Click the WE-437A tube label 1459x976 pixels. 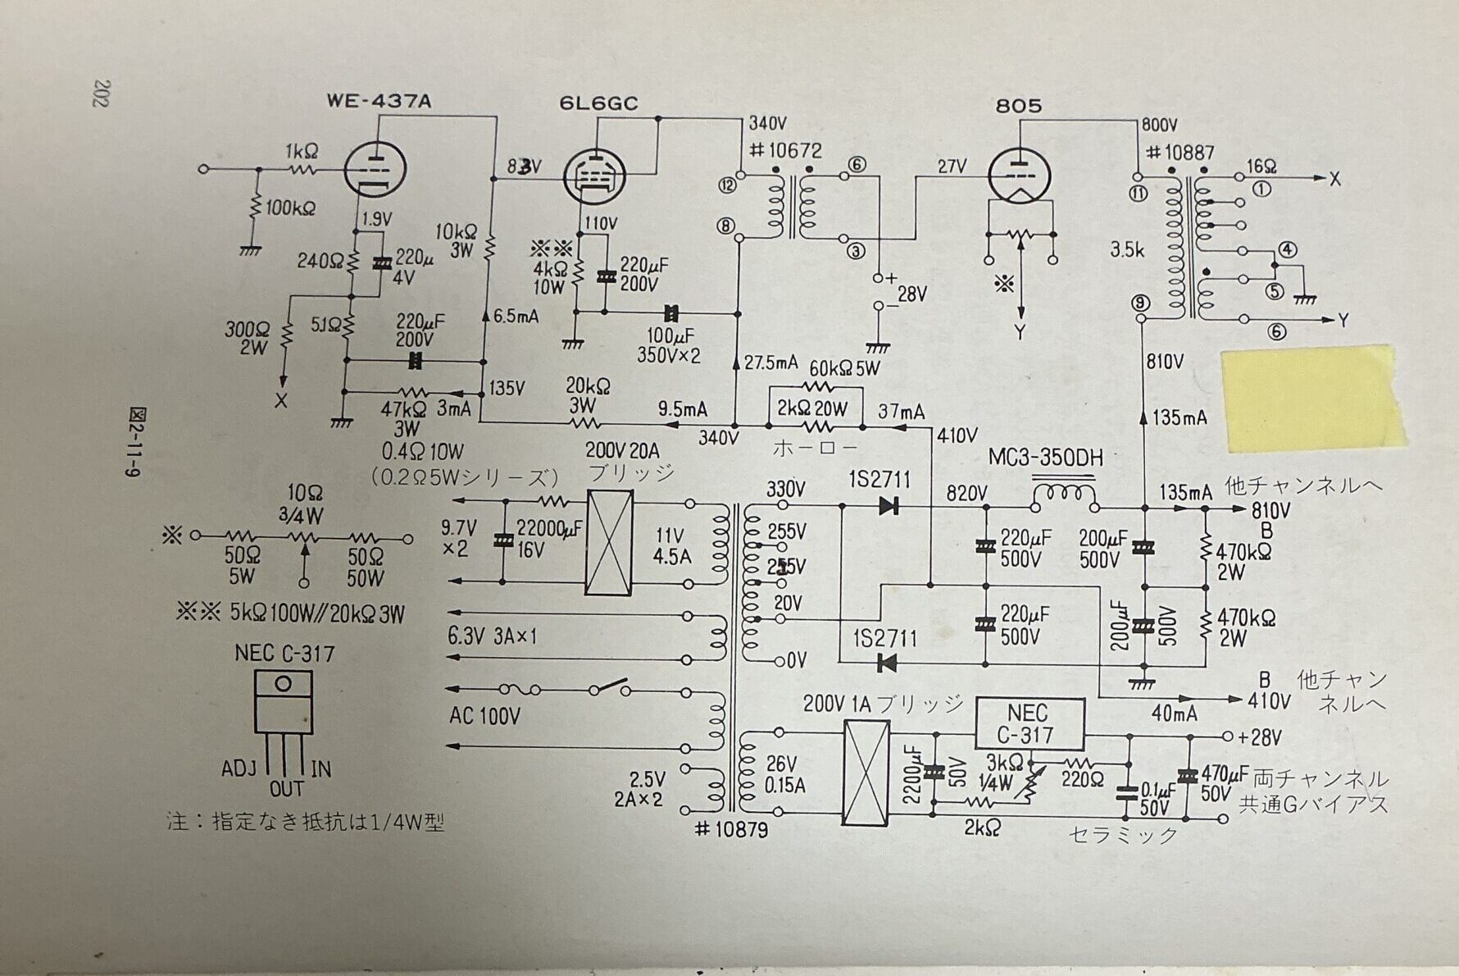coord(379,102)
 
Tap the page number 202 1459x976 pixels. coord(102,93)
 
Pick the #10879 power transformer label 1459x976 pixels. coord(731,830)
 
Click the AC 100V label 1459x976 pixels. coord(484,717)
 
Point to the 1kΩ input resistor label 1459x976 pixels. coord(302,152)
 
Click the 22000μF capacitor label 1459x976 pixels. coord(549,530)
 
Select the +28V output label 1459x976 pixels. coord(1259,737)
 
